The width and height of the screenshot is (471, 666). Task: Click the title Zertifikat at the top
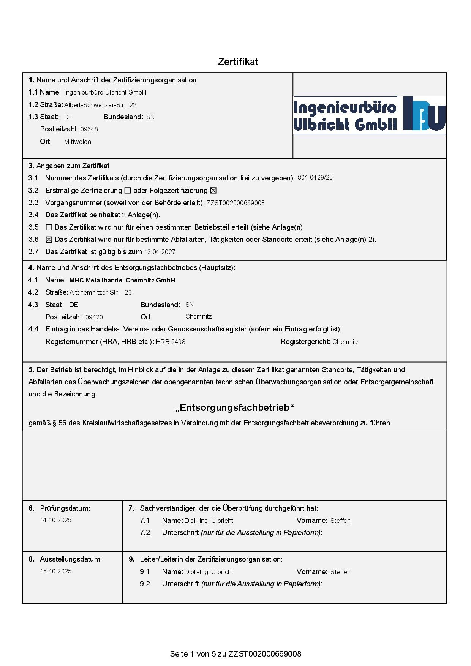238,62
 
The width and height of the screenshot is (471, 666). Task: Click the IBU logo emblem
424,114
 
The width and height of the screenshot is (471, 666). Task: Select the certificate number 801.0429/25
315,177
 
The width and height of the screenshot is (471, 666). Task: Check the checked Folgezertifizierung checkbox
213,191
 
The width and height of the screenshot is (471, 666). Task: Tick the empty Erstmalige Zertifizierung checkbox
128,191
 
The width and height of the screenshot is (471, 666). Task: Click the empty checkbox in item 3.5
49,227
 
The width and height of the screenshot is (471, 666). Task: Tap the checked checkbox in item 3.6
49,240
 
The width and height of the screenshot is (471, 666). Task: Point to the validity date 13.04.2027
160,252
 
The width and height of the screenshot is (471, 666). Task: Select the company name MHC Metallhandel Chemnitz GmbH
122,280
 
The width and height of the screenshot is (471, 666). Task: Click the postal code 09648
89,129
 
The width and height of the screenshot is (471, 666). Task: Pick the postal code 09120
94,317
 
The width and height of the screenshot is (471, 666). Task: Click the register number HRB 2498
171,342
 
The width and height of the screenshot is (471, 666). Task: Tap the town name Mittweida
77,142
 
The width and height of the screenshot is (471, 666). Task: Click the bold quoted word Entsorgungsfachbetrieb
235,408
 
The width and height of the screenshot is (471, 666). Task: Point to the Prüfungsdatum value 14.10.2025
56,520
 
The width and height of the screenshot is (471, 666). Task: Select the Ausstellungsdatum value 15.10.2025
56,571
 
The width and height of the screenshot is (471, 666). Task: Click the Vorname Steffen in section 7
340,521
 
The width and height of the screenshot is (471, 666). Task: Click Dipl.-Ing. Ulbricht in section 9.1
209,572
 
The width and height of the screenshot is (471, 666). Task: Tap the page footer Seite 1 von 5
235,653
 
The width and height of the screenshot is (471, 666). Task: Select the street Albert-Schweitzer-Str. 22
100,105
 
